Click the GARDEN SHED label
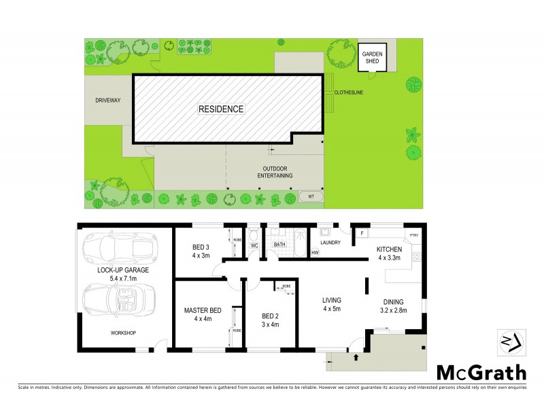coord(372,57)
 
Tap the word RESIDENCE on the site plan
coord(221,109)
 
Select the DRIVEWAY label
coord(107,101)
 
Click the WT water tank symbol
coord(311,197)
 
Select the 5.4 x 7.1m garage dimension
coord(123,278)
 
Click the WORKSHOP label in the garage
coord(123,333)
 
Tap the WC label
coord(254,244)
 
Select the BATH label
coord(279,244)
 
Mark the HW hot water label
coord(316,254)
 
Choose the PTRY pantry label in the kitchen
coord(413,235)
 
